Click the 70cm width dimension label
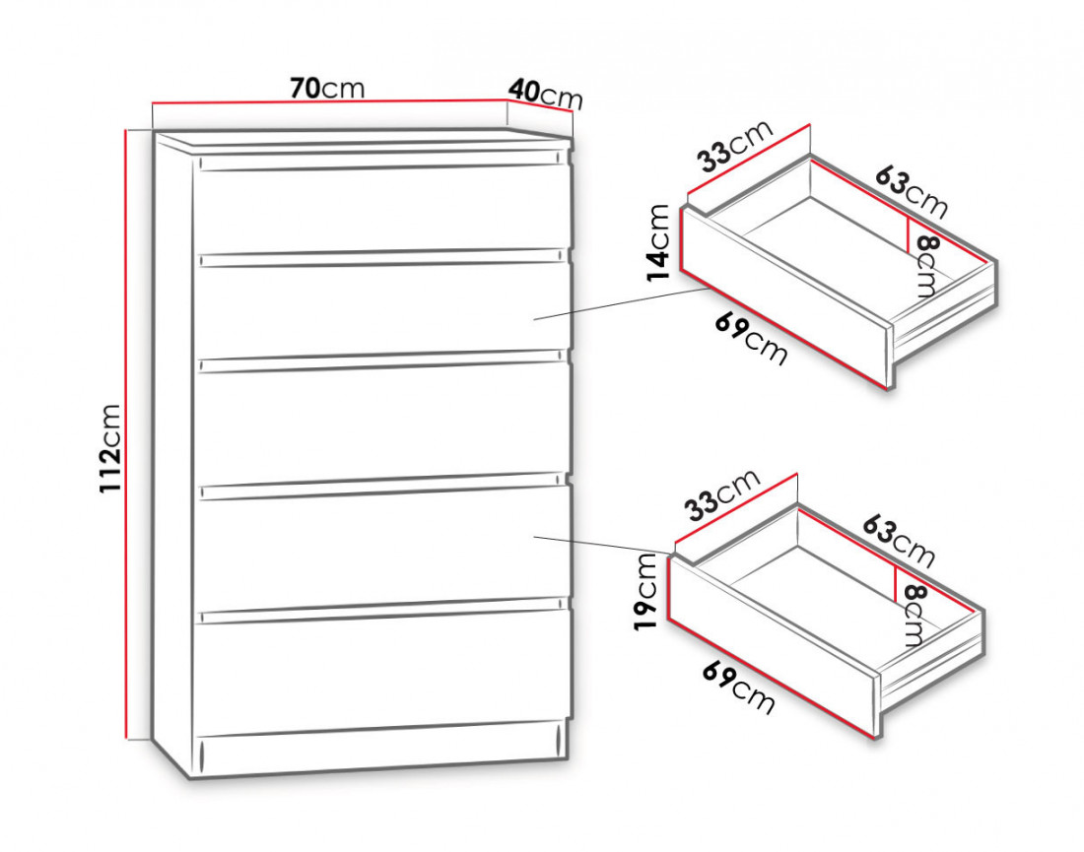(327, 88)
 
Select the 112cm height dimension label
(110, 448)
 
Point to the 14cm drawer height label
(658, 242)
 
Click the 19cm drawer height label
(645, 593)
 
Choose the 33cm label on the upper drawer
(734, 147)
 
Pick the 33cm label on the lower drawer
(722, 494)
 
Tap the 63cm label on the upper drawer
(912, 191)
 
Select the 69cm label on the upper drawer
(751, 339)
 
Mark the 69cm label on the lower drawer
(738, 687)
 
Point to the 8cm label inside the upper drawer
(925, 265)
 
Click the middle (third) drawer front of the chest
(382, 422)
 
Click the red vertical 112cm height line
(126, 433)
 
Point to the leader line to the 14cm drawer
(623, 304)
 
